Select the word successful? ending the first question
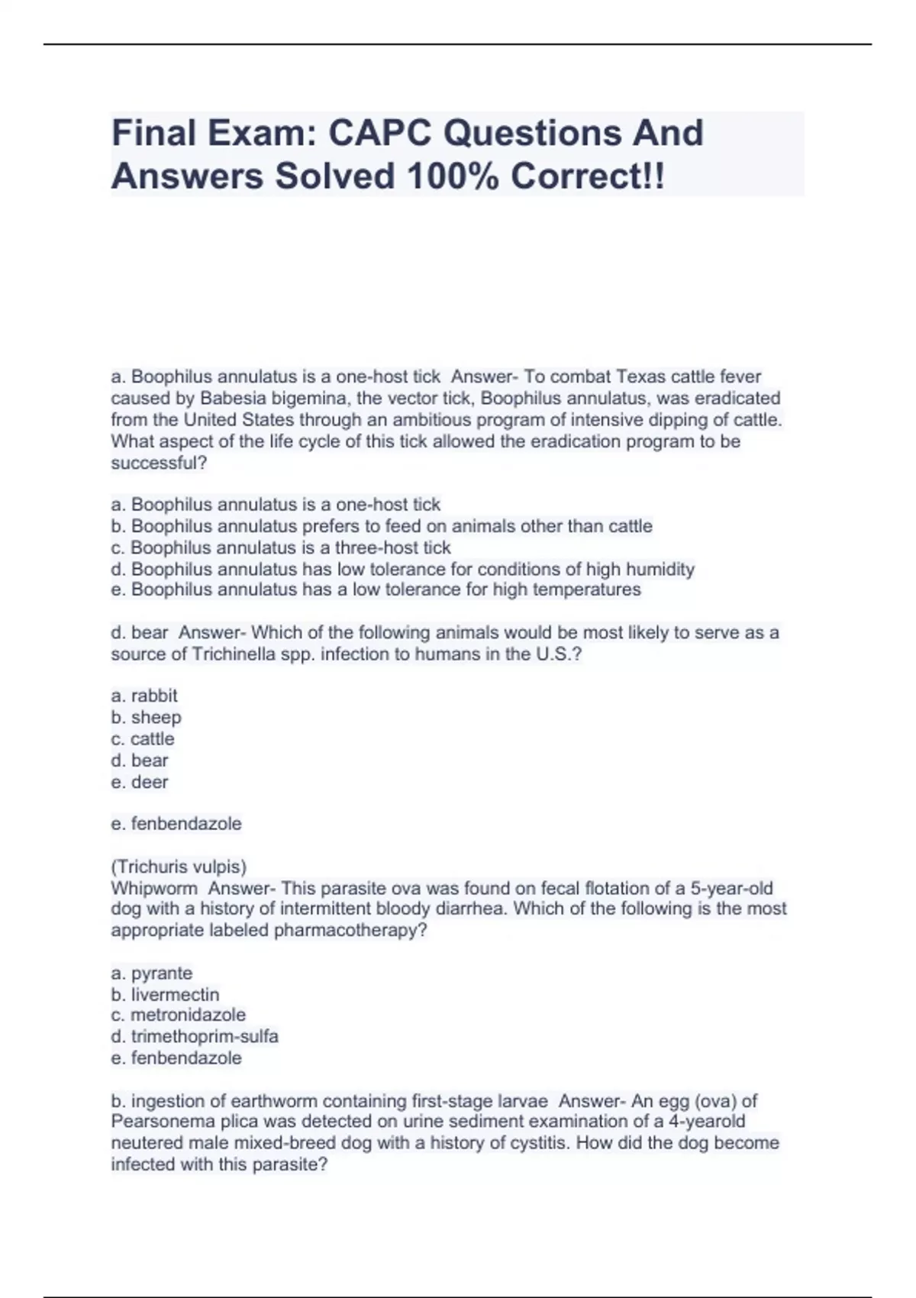[x=159, y=463]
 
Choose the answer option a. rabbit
[x=144, y=696]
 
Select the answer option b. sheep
[x=146, y=717]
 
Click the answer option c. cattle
[x=143, y=738]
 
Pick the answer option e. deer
[x=140, y=782]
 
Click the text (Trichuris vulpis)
[x=179, y=867]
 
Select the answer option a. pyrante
[x=152, y=973]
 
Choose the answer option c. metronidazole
[x=179, y=1015]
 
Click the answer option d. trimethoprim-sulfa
[x=195, y=1036]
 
